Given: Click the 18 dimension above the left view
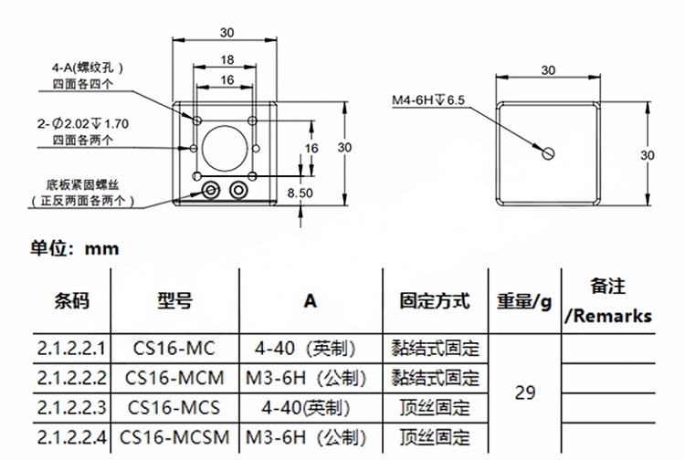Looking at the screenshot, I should click(x=227, y=59).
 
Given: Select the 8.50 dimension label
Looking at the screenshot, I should click(x=300, y=193).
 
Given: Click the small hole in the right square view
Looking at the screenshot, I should click(x=548, y=153).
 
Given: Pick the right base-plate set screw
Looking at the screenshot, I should click(x=240, y=190).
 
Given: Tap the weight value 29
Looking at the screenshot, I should click(x=525, y=392).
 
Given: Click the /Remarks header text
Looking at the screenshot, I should click(x=608, y=317).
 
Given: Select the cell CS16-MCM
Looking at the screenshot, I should click(x=174, y=377).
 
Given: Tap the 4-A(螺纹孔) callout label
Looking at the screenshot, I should click(x=88, y=68).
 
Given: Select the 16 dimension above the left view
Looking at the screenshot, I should click(x=227, y=80).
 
